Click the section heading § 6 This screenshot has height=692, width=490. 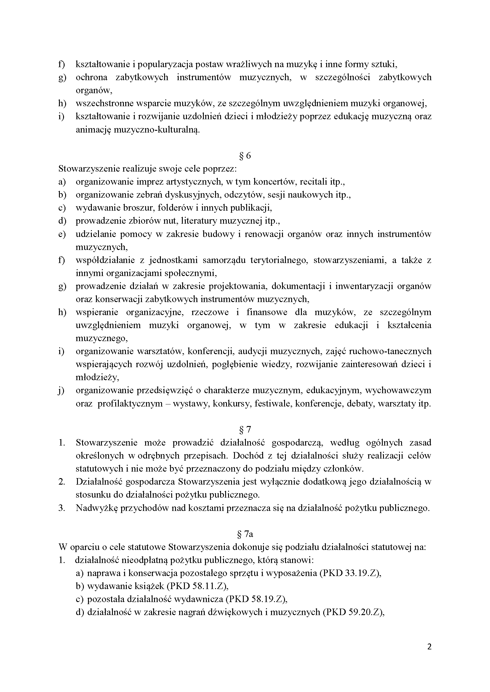tap(245, 156)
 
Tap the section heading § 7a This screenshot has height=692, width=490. tap(245, 534)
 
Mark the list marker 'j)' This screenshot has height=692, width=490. tap(61, 391)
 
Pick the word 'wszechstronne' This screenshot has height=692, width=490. tap(104, 103)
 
